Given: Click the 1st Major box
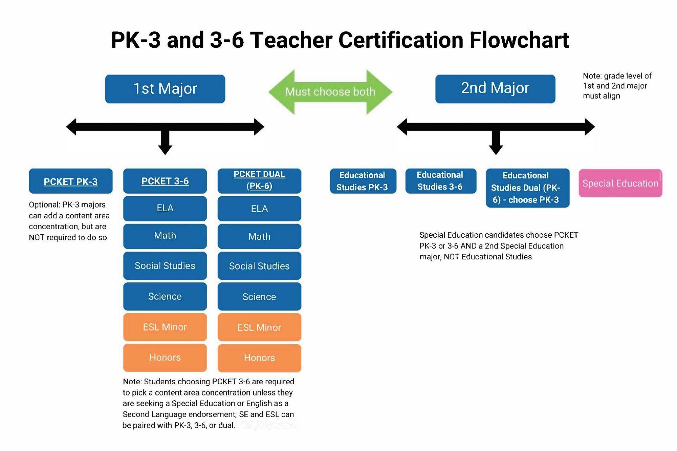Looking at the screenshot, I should point(165,89).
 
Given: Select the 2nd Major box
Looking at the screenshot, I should point(495,89).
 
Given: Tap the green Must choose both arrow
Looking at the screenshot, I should point(330,92).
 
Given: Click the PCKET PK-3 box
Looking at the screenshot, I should point(70,181).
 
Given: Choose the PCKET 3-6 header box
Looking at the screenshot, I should point(165,181).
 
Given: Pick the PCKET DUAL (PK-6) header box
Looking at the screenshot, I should point(259,180).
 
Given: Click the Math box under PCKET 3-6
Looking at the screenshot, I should point(165,236).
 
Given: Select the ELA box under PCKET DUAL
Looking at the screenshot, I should point(259,209).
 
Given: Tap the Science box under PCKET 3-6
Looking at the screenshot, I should point(165,296).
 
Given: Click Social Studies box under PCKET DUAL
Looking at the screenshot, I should point(259,266).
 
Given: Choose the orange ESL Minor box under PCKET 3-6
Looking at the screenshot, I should point(165,327).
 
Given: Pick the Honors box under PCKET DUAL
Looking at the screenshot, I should point(259,358).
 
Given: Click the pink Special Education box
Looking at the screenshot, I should point(620,183).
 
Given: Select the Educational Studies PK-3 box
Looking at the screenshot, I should point(363,181).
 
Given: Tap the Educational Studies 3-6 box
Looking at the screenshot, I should point(440,181).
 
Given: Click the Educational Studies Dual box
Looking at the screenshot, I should point(527,188).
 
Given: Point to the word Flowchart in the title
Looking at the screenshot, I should point(519,40).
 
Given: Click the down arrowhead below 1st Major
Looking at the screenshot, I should point(165,149).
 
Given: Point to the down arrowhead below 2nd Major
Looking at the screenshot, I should point(496,149).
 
